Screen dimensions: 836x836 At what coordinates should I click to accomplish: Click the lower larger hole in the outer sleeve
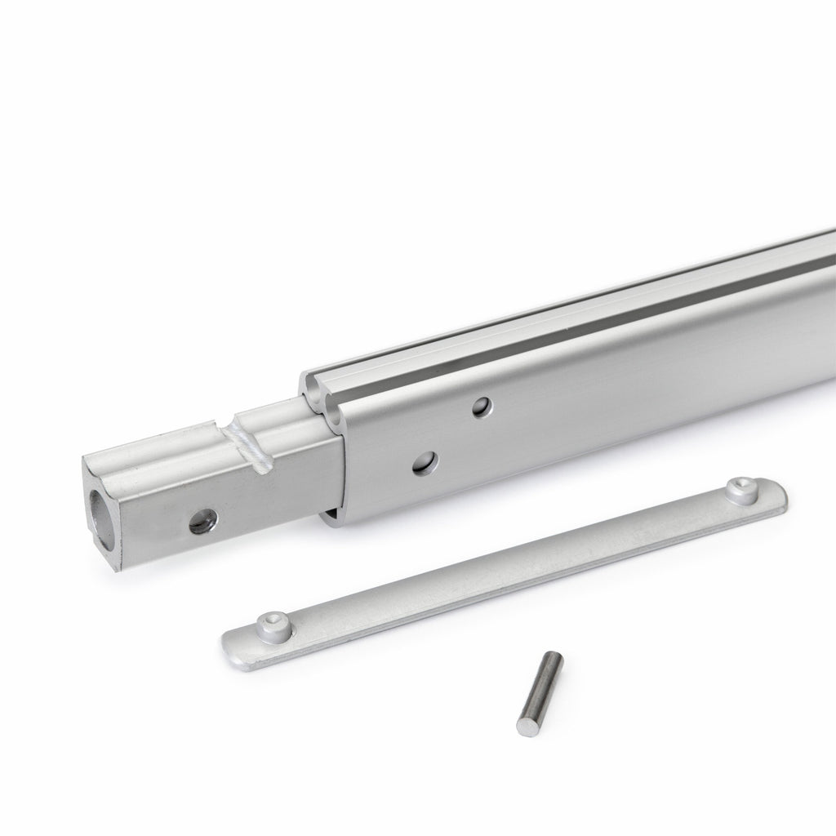[x=425, y=464]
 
